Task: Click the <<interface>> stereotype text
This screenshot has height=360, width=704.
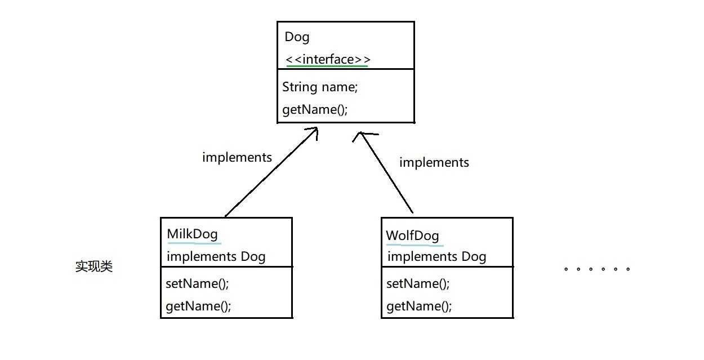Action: pos(328,59)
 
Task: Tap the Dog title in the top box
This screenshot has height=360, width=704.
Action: pos(297,37)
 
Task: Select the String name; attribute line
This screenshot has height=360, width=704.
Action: pos(319,87)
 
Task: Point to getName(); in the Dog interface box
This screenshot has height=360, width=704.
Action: pos(315,109)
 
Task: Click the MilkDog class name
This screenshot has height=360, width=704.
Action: pos(193,234)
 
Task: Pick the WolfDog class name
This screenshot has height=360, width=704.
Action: pos(412,235)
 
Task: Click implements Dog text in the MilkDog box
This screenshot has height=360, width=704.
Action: pos(216,257)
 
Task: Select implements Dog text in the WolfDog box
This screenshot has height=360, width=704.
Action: pos(437,257)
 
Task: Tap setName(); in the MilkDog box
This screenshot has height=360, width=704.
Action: pos(197,283)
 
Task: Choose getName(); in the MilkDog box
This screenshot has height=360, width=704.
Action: pos(198,306)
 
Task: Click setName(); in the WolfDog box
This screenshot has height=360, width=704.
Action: pos(418,283)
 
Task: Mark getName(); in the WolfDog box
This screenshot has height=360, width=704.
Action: pos(419,306)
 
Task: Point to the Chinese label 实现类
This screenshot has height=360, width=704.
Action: pos(94,267)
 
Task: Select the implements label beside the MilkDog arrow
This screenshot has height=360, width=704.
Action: pos(237,157)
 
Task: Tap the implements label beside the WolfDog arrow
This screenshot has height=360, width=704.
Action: pos(434,162)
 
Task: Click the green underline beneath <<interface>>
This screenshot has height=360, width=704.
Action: pos(327,66)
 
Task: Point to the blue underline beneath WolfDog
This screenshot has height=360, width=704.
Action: pos(415,245)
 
